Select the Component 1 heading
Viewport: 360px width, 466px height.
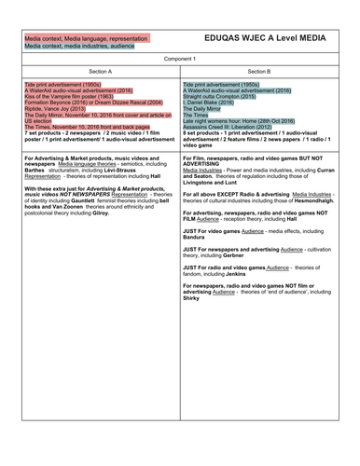(180, 59)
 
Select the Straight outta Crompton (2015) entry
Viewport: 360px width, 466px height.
(228, 96)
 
